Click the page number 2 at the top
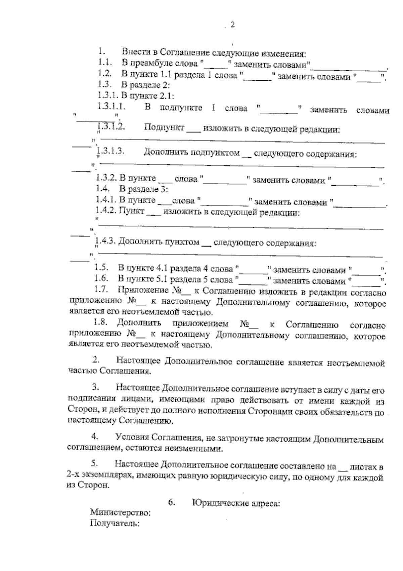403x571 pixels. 232,25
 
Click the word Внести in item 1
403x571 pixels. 133,52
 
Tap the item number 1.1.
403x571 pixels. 104,63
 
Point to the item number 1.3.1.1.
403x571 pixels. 111,107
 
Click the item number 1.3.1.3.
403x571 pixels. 111,151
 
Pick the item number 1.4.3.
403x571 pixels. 106,241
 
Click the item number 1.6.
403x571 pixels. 101,278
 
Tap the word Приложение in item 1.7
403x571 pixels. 142,290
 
